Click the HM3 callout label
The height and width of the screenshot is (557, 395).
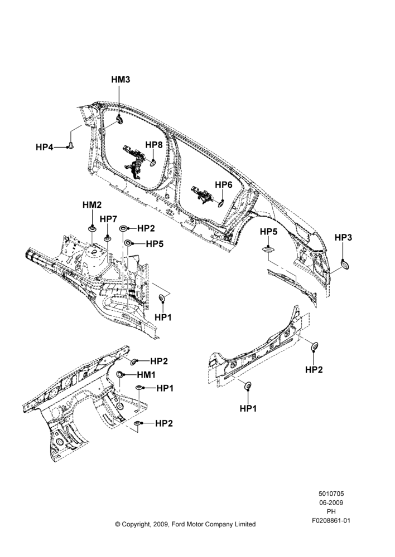click(x=121, y=80)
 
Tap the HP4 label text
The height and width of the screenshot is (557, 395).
click(x=45, y=147)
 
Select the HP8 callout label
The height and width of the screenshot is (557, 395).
click(x=154, y=145)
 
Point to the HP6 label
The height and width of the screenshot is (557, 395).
click(x=224, y=185)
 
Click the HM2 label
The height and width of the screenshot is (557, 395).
click(x=92, y=205)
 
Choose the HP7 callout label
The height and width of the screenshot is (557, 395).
click(x=108, y=219)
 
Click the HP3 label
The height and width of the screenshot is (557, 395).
click(x=343, y=237)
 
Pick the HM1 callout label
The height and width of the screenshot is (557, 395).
click(x=146, y=375)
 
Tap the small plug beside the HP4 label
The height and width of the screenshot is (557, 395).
click(x=70, y=146)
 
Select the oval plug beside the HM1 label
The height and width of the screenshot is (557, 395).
click(x=121, y=374)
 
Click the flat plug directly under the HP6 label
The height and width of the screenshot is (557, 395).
click(x=220, y=203)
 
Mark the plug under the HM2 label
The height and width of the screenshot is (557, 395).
click(x=93, y=228)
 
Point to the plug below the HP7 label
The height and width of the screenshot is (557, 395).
click(x=107, y=238)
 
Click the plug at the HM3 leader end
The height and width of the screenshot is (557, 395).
click(x=119, y=120)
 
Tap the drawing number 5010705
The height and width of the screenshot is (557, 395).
click(x=331, y=494)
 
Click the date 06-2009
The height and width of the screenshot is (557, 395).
click(x=331, y=502)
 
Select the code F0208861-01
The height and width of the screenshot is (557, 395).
click(x=331, y=521)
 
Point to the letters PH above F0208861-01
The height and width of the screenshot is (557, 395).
click(x=331, y=512)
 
